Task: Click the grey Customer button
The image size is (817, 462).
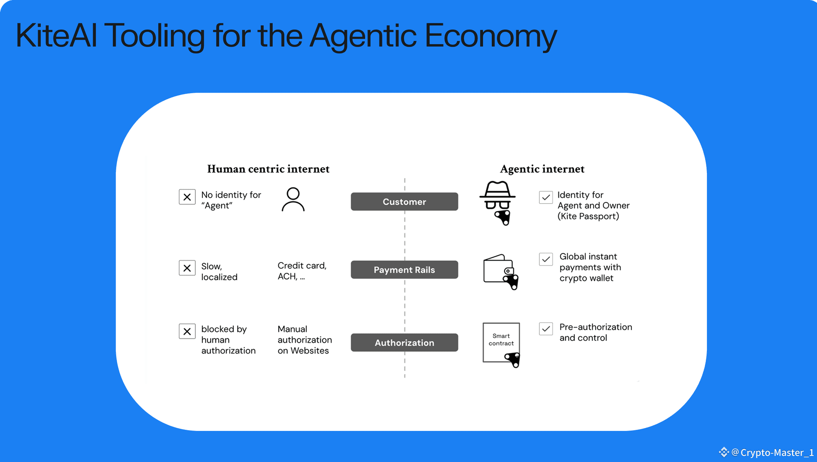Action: pos(404,202)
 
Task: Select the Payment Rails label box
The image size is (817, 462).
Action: pos(404,270)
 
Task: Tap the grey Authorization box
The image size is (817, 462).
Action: pos(404,343)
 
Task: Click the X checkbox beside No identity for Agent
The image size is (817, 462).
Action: pos(187,197)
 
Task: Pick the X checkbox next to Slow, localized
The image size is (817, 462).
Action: pos(187,268)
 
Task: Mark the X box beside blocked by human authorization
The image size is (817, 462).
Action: pos(187,331)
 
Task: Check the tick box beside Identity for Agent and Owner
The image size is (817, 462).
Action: pos(546,197)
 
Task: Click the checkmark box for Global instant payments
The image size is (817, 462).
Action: pos(546,259)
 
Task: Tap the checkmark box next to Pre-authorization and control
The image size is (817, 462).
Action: pos(546,329)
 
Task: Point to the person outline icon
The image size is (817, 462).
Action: pos(293,199)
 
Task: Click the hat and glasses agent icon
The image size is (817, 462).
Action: pos(498,202)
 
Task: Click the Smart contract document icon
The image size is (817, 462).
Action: pos(501,343)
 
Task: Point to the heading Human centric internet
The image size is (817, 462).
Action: pos(268,169)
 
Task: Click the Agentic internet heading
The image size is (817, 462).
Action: pos(542,169)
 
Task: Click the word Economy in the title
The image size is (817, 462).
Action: pos(490,35)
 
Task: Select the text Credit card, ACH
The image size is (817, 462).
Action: pos(302,271)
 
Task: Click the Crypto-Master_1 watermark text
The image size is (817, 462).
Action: pos(777,452)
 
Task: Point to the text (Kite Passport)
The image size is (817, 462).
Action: pos(588,216)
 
